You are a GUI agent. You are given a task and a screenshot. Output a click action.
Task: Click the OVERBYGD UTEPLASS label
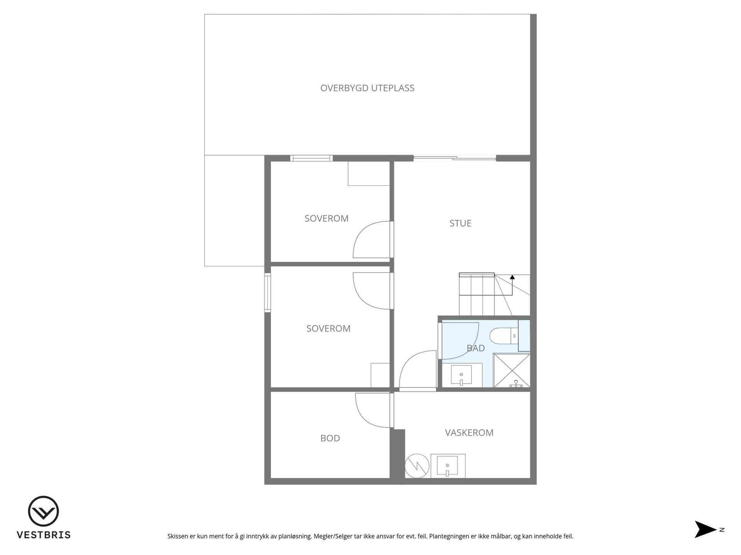point(367,88)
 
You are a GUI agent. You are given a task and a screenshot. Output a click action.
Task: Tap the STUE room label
point(460,223)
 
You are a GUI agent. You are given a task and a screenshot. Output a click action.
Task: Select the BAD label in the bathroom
point(475,348)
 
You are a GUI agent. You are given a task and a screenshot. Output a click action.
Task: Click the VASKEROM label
point(469,432)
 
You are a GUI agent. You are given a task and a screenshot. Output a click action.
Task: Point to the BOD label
point(330,438)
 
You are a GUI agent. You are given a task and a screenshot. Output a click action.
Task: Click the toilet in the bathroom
point(504,335)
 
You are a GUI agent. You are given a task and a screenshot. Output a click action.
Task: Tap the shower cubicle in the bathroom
point(512,370)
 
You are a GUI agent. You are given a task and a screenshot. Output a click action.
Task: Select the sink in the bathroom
point(462,375)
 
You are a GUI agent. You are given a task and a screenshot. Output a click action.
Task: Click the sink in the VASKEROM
point(448,466)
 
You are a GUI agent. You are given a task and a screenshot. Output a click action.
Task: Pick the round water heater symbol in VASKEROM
point(417,466)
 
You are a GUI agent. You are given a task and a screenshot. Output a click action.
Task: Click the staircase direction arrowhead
point(512,277)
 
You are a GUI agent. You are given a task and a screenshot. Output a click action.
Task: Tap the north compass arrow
point(705,530)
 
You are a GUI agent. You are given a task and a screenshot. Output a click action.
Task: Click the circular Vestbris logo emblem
point(43,511)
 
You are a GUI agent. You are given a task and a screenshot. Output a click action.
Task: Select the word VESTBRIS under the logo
point(43,535)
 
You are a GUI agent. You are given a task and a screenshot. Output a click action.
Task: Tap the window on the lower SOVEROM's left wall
point(267,293)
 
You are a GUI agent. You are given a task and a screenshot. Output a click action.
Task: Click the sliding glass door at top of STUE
point(455,158)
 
